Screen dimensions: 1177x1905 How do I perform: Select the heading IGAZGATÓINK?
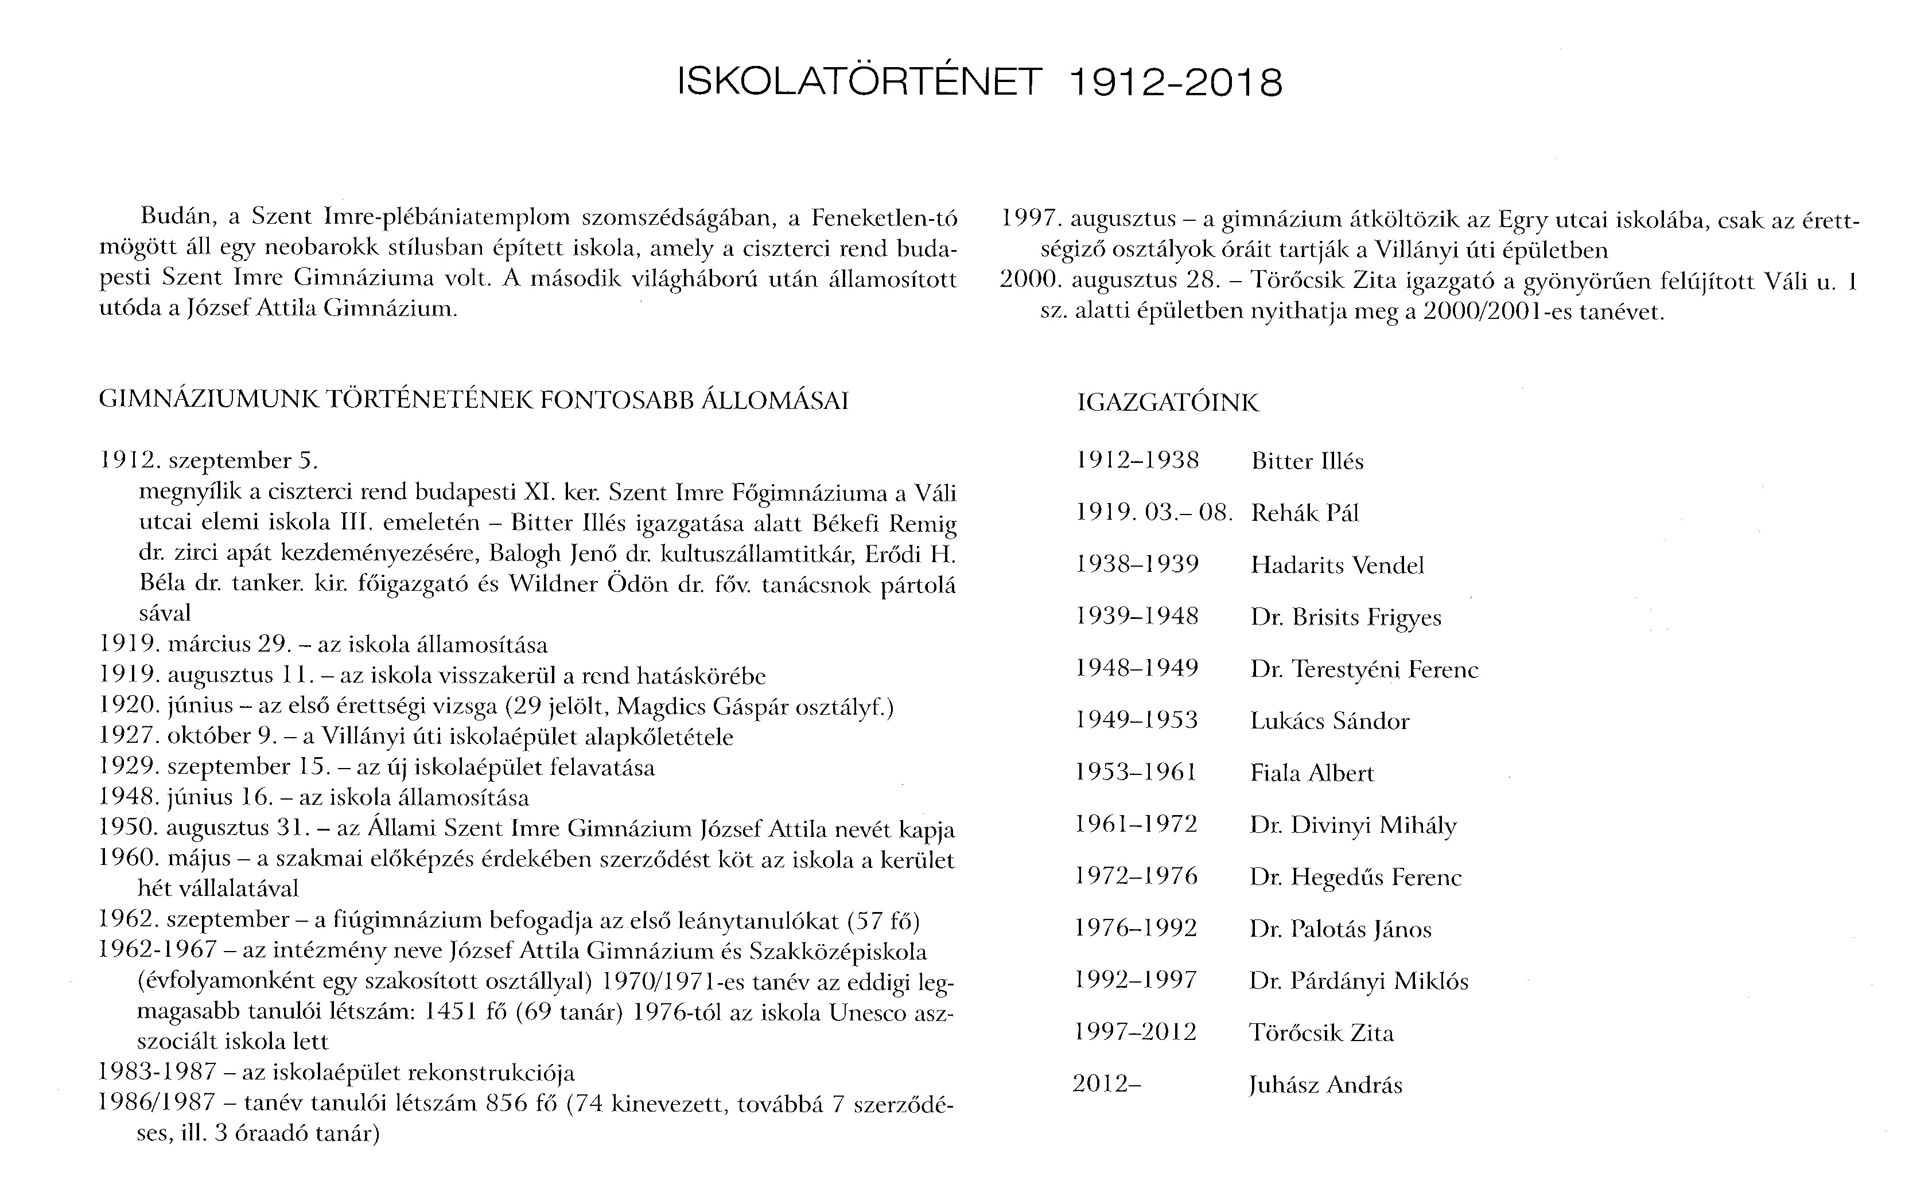coord(1168,403)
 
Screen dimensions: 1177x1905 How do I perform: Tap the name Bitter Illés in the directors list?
coord(1307,462)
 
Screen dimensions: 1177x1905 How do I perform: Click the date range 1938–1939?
coord(1137,564)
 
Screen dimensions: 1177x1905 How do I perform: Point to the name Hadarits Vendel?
coord(1337,565)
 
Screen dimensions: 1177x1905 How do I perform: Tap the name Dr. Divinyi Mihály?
coord(1353,825)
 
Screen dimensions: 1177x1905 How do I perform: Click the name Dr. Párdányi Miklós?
coord(1359,981)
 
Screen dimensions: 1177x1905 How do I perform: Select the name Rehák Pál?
coord(1305,513)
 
